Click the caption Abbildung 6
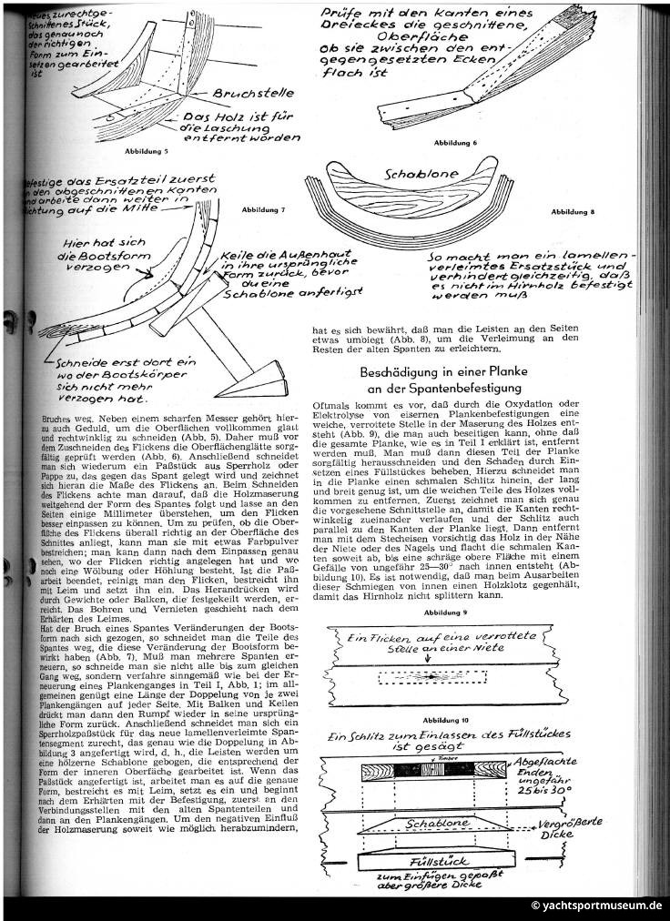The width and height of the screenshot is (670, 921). (x=455, y=143)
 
